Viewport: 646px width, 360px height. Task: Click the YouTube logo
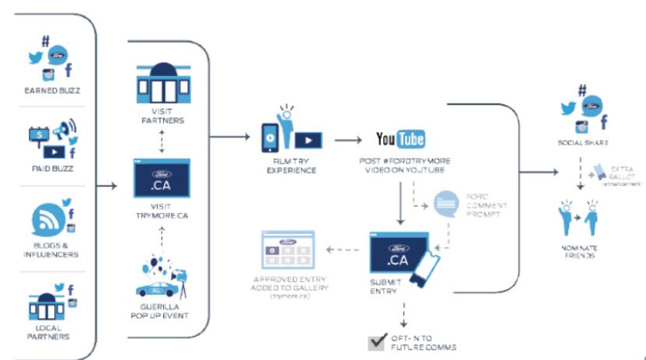(x=400, y=139)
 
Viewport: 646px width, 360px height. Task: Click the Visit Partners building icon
(x=162, y=80)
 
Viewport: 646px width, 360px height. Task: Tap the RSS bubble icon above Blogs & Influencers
(x=46, y=222)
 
